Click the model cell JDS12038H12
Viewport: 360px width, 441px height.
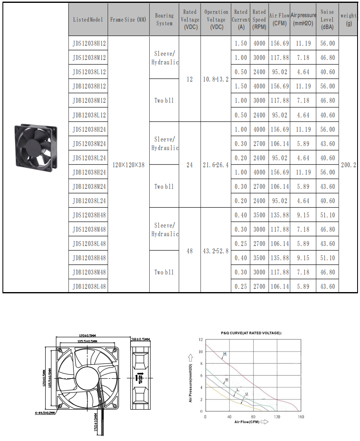89,43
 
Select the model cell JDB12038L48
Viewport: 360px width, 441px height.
89,286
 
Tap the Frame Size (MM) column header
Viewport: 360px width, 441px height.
128,20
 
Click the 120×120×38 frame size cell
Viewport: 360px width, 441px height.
128,165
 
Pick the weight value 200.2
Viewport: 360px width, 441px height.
349,165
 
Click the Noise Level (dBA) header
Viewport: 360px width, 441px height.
327,20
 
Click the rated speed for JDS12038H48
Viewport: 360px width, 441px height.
259,215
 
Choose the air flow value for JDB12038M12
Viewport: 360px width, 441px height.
280,100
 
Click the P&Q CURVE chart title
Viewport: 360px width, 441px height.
251,333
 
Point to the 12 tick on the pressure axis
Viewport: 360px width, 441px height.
201,339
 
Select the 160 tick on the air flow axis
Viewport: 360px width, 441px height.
301,417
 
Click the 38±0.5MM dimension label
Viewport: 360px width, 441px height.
141,339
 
